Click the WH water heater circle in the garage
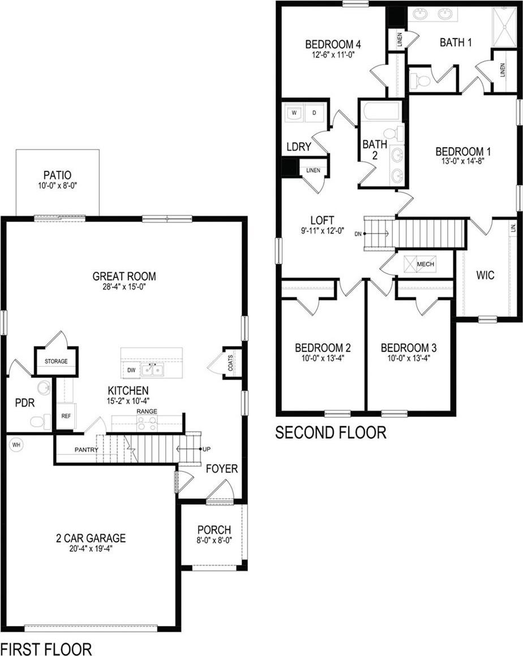(16, 445)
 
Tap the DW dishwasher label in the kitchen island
(131, 370)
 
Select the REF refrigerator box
(66, 416)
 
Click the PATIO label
(57, 175)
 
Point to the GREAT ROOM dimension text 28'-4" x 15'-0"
(125, 288)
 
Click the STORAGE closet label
(56, 361)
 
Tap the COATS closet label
(230, 363)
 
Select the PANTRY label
(87, 450)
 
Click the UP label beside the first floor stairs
(206, 449)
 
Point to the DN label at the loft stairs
(358, 234)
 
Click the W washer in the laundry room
(294, 113)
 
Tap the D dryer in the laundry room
(314, 113)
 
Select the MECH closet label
(426, 264)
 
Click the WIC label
(485, 275)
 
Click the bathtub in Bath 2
(381, 112)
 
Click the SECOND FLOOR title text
(331, 432)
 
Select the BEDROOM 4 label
(333, 44)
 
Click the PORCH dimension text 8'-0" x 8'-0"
(214, 540)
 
